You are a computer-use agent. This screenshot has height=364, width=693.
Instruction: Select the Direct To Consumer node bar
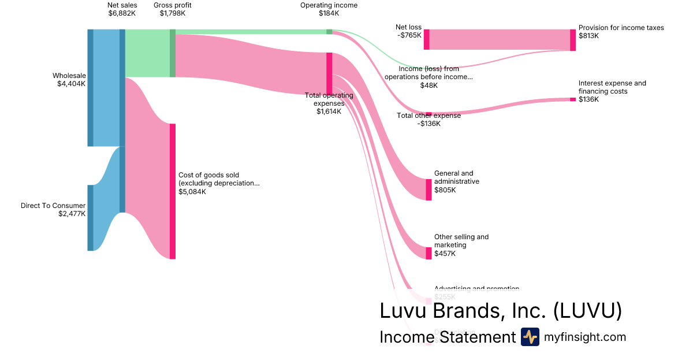click(x=90, y=218)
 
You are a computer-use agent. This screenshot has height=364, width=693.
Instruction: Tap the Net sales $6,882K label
click(x=122, y=9)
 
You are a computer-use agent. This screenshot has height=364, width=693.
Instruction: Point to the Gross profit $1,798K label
click(x=173, y=9)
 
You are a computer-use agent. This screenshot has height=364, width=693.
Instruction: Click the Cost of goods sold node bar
click(x=172, y=191)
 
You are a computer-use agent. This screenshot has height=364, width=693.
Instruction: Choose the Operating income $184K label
click(x=329, y=9)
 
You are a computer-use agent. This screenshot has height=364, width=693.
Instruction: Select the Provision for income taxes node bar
click(x=573, y=40)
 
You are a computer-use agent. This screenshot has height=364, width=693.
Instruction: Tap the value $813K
click(x=588, y=36)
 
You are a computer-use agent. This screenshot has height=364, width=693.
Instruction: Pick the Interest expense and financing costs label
click(x=612, y=87)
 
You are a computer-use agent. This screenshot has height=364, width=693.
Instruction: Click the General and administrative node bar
click(x=429, y=190)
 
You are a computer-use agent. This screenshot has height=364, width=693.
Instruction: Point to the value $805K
click(x=445, y=190)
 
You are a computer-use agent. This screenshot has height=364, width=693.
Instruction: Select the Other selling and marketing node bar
click(x=429, y=253)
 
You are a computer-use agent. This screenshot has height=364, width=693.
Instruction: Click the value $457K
click(x=445, y=254)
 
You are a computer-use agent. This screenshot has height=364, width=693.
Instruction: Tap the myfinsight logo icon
click(x=530, y=337)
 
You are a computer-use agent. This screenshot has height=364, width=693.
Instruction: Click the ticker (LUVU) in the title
click(x=587, y=311)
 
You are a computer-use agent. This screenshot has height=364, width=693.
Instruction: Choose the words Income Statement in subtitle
click(x=447, y=337)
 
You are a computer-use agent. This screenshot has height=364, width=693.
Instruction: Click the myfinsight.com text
click(x=585, y=337)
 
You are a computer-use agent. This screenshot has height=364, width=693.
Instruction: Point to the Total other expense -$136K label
click(x=429, y=119)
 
